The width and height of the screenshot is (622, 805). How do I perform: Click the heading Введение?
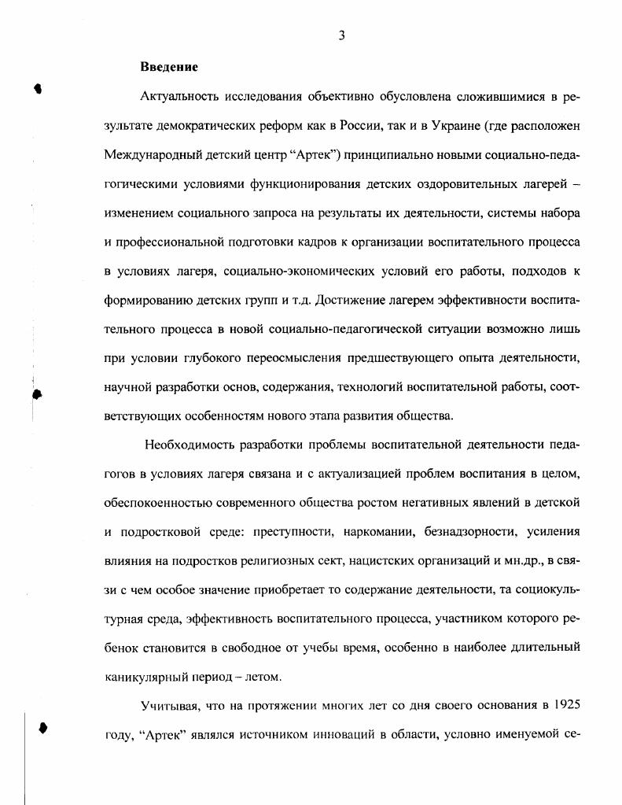coord(169,66)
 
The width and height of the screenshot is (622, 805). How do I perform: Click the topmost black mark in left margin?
coord(38,88)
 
